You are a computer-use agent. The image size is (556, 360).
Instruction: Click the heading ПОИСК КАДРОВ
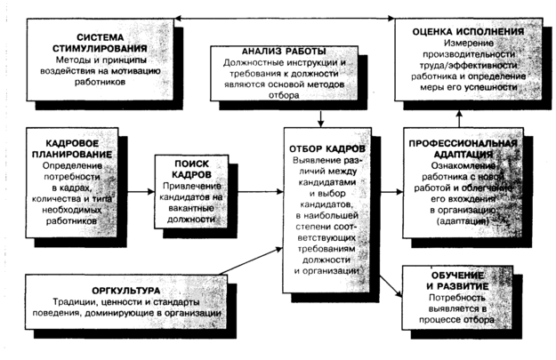(x=190, y=168)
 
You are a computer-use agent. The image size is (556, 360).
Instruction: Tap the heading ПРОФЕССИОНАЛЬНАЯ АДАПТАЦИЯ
(x=462, y=148)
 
